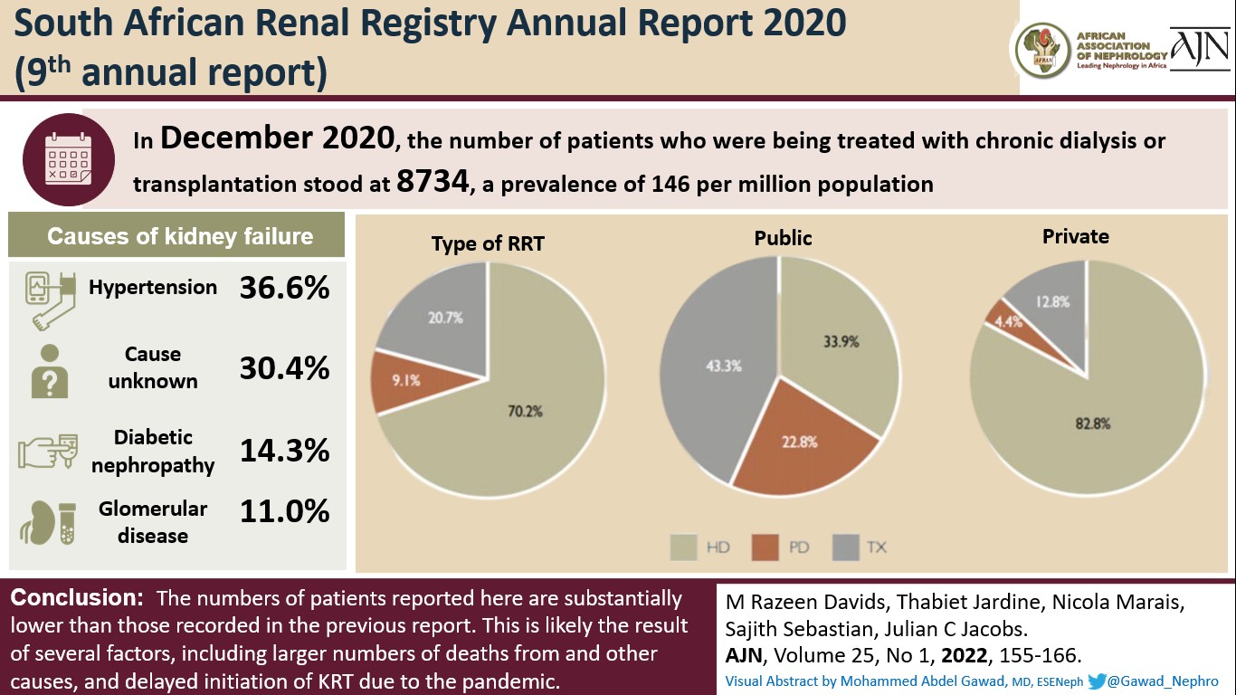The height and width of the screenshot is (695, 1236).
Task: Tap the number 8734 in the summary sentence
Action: pos(434,183)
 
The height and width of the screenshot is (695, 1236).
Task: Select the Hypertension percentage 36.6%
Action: pos(284,288)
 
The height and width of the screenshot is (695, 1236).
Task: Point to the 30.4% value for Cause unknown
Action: pos(284,368)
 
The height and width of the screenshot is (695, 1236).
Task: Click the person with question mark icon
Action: pos(50,371)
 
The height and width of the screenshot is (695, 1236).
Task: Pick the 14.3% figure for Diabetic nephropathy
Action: pos(284,450)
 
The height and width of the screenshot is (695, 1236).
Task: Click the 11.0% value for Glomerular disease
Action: pos(284,512)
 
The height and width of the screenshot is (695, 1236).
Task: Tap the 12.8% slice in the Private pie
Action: pos(1050,303)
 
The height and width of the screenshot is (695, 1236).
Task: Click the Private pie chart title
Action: pos(1075,236)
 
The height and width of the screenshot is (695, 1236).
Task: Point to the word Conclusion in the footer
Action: pos(72,598)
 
